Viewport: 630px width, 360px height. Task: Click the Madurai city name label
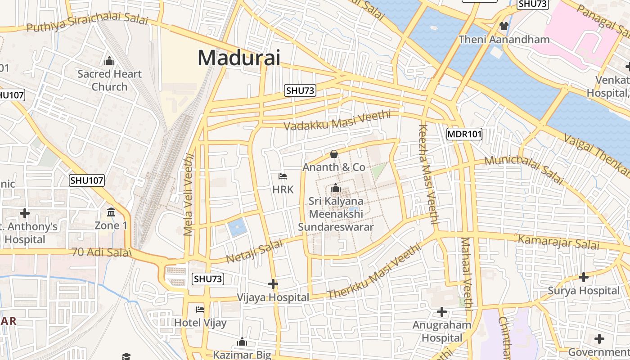[x=238, y=58]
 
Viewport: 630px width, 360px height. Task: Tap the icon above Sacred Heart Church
[x=109, y=61]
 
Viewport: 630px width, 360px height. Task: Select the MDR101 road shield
[x=464, y=134]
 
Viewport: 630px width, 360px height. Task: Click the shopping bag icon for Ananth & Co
[x=334, y=154]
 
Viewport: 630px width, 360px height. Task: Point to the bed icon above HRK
[x=283, y=176]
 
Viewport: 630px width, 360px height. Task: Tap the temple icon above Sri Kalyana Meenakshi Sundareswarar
[x=336, y=188]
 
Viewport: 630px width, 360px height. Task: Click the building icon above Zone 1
[x=111, y=212]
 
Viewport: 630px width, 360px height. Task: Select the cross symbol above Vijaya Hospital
[x=273, y=284]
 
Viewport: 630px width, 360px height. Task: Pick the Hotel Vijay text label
[x=200, y=323]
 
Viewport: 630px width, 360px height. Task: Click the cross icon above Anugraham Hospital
[x=442, y=311]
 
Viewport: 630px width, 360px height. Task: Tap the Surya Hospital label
[x=583, y=291]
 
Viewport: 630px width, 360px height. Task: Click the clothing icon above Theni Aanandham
[x=504, y=26]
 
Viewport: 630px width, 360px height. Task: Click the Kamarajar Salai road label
[x=558, y=242]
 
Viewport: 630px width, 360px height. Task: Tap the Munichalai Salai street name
[x=524, y=169]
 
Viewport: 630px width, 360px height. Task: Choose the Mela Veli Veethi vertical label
[x=189, y=194]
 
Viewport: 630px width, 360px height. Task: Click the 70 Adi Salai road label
[x=102, y=252]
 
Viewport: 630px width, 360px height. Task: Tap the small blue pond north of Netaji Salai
[x=237, y=227]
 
